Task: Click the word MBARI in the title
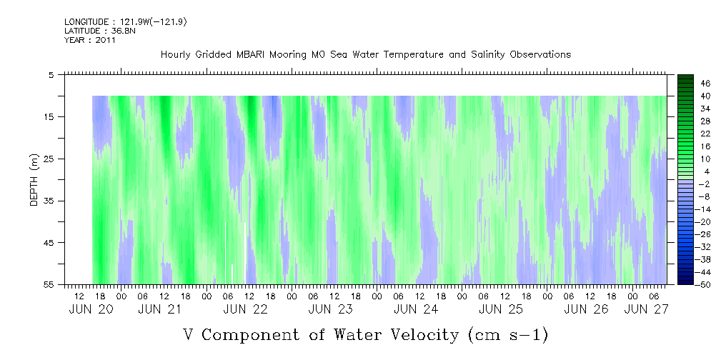253,55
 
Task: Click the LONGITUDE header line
126,22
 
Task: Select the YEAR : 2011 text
90,40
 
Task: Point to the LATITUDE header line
100,31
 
